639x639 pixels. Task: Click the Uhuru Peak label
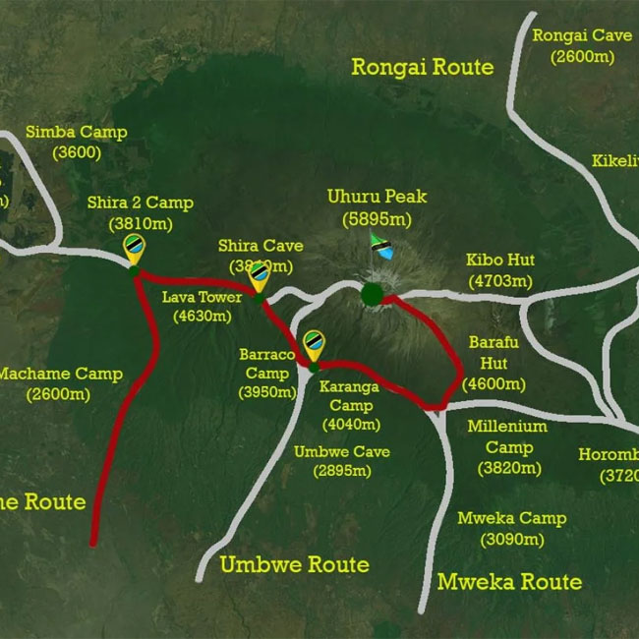pos(377,197)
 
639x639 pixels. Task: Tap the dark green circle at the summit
pos(372,293)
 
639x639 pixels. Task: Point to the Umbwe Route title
pos(294,564)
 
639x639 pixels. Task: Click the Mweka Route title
pos(509,581)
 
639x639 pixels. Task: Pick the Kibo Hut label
pos(501,261)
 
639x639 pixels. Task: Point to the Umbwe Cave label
pos(341,451)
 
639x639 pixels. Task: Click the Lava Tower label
pos(202,298)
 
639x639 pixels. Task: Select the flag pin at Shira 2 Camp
pos(135,249)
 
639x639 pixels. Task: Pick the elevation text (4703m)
pos(501,280)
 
